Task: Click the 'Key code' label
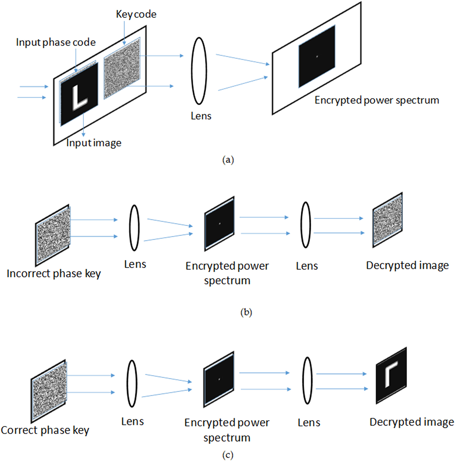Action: click(136, 14)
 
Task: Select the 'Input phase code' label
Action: click(56, 42)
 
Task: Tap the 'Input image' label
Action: click(94, 143)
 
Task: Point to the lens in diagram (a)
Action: click(199, 71)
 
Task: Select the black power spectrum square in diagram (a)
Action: click(317, 57)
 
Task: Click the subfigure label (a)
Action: click(228, 159)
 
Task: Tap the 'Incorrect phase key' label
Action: click(54, 274)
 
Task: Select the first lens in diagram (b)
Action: click(134, 228)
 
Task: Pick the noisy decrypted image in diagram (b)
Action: click(387, 220)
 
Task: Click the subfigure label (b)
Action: click(246, 312)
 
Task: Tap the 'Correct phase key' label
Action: click(45, 430)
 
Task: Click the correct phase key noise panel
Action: click(49, 391)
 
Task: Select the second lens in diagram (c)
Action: click(307, 381)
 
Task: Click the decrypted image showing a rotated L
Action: click(391, 376)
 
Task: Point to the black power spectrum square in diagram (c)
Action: click(219, 379)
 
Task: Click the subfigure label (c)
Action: click(228, 455)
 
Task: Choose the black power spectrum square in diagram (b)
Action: click(220, 224)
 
